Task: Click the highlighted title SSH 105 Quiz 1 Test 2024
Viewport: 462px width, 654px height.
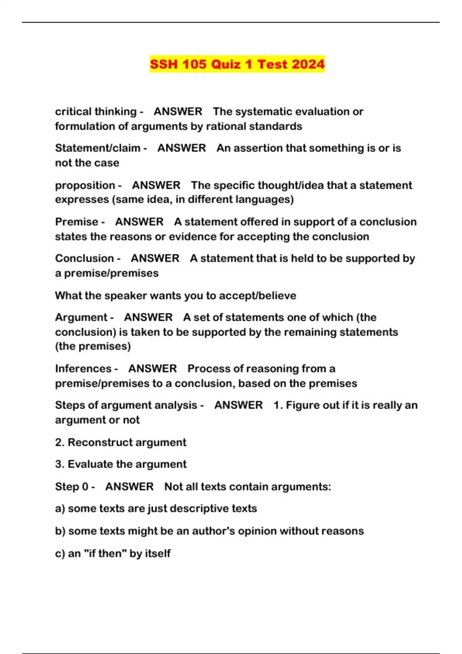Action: [x=237, y=64]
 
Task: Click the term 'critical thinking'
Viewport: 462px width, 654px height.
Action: [x=95, y=112]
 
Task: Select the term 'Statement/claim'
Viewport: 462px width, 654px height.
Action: [x=97, y=148]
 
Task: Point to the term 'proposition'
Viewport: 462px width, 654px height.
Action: [x=85, y=185]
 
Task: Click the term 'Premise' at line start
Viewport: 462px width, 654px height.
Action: [x=77, y=222]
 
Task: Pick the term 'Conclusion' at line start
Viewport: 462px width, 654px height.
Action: [x=84, y=258]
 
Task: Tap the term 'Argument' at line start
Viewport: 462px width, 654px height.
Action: [x=81, y=317]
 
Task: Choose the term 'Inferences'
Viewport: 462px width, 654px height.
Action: [x=83, y=369]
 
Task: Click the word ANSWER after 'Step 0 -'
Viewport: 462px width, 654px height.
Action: [x=129, y=487]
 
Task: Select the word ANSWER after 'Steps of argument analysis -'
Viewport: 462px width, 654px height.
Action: [x=238, y=405]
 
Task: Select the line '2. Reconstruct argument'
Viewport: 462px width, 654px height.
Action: [x=121, y=442]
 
